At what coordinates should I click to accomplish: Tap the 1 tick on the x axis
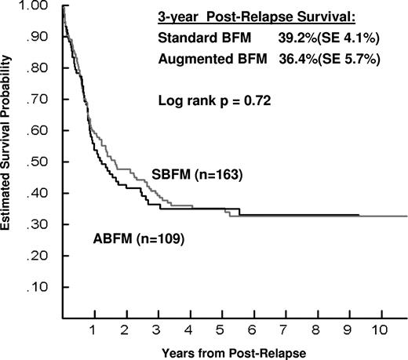coord(93,322)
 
